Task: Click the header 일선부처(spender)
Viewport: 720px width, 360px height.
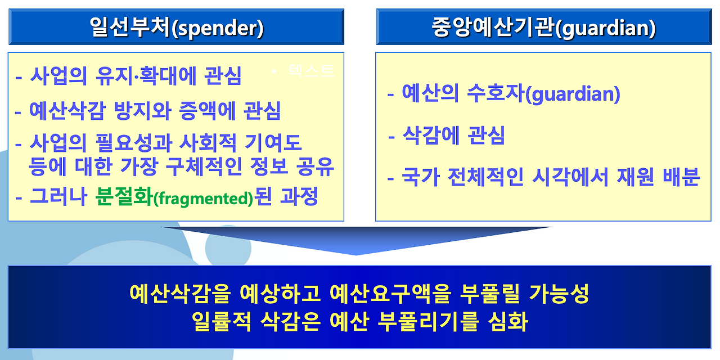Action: pyautogui.click(x=177, y=28)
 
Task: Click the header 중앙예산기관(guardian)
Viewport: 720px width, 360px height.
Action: pyautogui.click(x=543, y=28)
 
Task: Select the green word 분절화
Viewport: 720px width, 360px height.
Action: pyautogui.click(x=123, y=196)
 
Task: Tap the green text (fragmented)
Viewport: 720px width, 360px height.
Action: pyautogui.click(x=203, y=199)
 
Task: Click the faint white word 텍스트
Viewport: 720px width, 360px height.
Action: pyautogui.click(x=312, y=70)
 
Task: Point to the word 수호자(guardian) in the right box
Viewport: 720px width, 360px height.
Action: pyautogui.click(x=543, y=94)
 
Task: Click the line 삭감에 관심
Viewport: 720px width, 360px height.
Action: pyautogui.click(x=453, y=136)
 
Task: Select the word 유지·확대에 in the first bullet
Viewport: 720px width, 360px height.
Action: pyautogui.click(x=146, y=76)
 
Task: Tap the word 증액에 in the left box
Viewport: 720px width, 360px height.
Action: pyautogui.click(x=208, y=111)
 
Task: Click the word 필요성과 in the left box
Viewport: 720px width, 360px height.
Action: pyautogui.click(x=134, y=143)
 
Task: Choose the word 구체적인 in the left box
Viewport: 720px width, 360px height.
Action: pyautogui.click(x=204, y=166)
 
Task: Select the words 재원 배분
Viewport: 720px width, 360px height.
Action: pyautogui.click(x=658, y=177)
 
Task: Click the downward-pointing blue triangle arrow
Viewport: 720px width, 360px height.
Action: pyautogui.click(x=356, y=240)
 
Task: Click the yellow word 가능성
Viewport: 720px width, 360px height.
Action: pyautogui.click(x=559, y=294)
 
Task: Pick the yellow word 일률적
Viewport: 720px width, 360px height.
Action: pyautogui.click(x=221, y=321)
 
